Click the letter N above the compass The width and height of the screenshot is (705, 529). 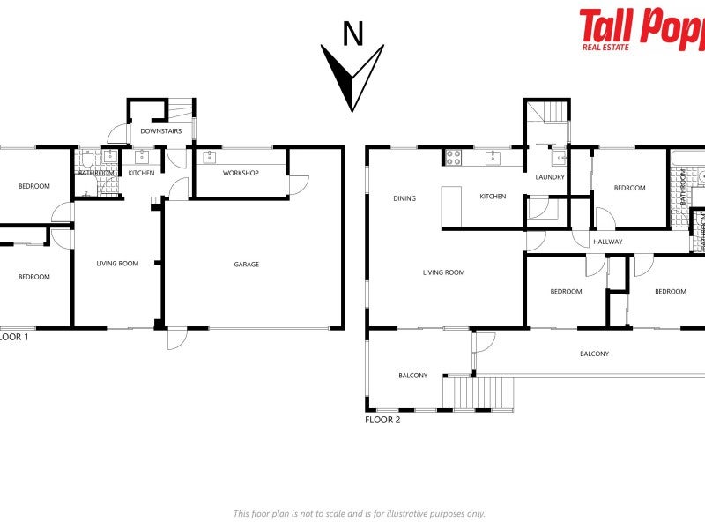click(x=352, y=34)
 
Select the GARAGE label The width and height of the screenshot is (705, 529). click(x=246, y=264)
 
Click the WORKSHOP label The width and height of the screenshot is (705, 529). click(x=240, y=173)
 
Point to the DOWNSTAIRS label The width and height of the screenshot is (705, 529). click(x=161, y=131)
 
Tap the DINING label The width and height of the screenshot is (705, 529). click(x=404, y=198)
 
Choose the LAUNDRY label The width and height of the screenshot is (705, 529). click(x=549, y=177)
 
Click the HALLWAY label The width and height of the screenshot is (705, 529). click(x=607, y=242)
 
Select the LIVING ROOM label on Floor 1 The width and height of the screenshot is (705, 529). click(x=117, y=263)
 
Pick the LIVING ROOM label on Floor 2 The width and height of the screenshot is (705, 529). click(x=443, y=272)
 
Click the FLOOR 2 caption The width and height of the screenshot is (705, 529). click(x=382, y=420)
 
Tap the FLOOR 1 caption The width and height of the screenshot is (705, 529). click(x=13, y=336)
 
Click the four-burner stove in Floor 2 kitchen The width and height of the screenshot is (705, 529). click(x=453, y=158)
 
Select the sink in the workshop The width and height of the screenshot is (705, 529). click(x=210, y=158)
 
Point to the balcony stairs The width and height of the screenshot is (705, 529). click(x=480, y=392)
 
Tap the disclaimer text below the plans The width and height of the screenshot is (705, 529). click(x=359, y=513)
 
